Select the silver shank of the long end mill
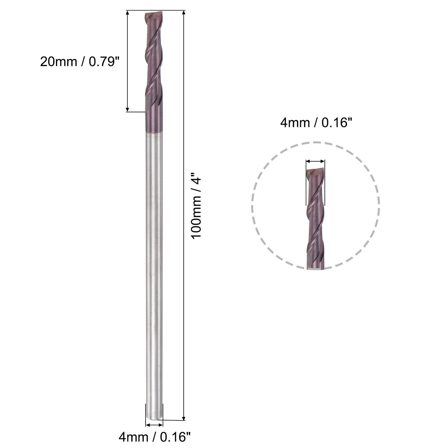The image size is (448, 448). tap(154, 272)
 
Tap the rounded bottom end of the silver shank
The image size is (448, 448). tap(154, 416)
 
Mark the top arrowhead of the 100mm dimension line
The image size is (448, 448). tap(184, 13)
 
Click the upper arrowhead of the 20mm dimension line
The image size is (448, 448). tap(128, 13)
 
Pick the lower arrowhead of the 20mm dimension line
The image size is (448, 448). tap(128, 109)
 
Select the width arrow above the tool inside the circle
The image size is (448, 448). tap(315, 162)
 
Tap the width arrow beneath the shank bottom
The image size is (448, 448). tap(154, 425)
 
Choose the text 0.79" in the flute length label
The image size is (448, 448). tap(102, 61)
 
